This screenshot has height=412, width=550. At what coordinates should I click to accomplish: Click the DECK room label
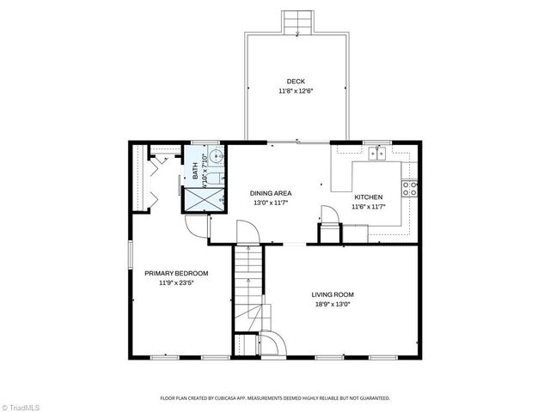[x=296, y=82]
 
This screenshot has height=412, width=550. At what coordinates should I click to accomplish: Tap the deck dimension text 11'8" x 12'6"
[x=296, y=91]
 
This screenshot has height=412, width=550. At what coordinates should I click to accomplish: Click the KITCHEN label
[x=368, y=197]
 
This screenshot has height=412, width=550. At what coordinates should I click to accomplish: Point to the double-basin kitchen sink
[x=376, y=154]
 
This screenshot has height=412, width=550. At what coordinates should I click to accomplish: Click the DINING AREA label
[x=271, y=193]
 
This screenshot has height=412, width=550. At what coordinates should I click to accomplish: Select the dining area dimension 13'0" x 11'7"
[x=271, y=203]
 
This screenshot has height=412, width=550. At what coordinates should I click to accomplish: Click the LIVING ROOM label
[x=333, y=294]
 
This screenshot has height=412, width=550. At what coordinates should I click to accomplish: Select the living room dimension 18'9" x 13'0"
[x=333, y=305]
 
